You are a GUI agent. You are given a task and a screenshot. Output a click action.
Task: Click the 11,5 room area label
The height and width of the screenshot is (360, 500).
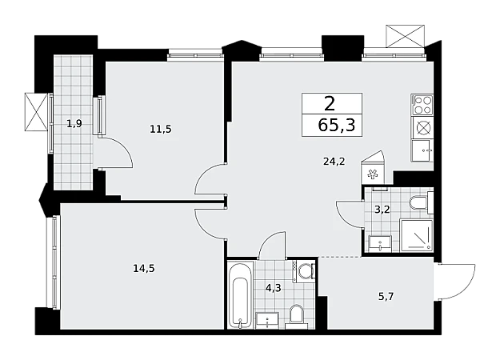pos(161,129)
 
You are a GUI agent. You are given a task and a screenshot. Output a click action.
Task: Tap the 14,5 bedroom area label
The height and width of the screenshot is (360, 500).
pos(144,269)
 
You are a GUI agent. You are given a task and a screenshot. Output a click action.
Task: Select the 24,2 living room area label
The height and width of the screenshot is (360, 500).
pos(334,162)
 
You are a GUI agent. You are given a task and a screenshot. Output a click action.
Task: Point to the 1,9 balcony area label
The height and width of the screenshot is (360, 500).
pos(74,123)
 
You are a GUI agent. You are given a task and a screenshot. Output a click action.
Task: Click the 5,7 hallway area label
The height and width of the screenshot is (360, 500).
pos(386,297)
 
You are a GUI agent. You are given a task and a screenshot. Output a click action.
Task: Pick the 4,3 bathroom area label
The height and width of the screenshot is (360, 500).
pos(274,288)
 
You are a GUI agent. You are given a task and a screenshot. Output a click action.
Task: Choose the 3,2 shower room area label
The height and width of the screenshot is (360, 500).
pos(382,210)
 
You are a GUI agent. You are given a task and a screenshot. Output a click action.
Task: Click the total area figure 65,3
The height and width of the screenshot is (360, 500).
pos(337,125)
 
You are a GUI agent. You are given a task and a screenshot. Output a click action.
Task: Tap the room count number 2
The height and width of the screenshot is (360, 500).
pos(330,104)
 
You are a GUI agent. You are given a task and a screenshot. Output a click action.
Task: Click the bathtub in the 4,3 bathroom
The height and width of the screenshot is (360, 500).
pos(241,295)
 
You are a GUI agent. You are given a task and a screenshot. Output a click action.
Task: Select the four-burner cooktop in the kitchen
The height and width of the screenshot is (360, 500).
pos(422,105)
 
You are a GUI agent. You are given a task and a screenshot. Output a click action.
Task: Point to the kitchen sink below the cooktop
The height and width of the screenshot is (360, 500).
pos(422,150)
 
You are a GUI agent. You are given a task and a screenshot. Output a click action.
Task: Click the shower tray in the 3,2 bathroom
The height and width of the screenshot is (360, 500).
pos(417,234)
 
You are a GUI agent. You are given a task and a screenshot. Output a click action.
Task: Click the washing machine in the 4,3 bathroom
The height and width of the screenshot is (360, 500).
pos(305,271)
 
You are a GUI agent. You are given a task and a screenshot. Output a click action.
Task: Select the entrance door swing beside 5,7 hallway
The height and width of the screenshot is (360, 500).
pos(457,282)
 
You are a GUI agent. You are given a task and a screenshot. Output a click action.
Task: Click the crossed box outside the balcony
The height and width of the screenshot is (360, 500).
pos(36,112)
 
